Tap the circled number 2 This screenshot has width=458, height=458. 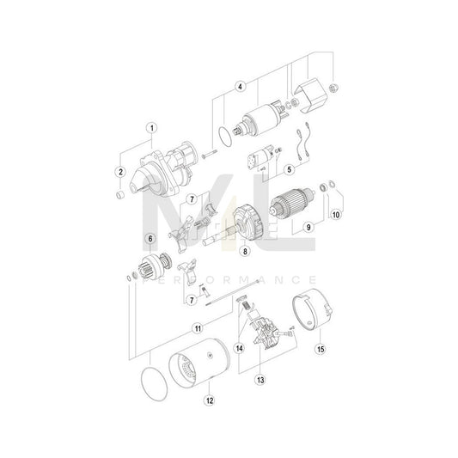click(x=121, y=172)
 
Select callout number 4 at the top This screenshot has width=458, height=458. click(x=241, y=86)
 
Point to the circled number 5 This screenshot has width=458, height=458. click(x=289, y=169)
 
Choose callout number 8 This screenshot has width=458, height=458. click(x=245, y=251)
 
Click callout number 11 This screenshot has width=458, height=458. click(x=197, y=327)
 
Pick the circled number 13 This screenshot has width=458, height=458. click(x=259, y=376)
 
